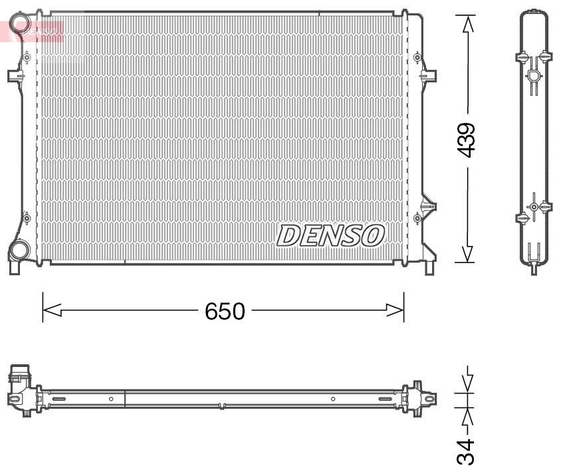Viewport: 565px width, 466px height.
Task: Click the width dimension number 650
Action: pyautogui.click(x=225, y=310)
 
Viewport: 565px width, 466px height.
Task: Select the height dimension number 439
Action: pyautogui.click(x=467, y=140)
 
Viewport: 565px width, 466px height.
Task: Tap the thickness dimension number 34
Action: pyautogui.click(x=468, y=451)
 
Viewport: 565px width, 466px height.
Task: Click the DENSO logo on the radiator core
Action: pyautogui.click(x=330, y=235)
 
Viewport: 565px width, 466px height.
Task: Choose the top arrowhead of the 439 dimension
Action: pyautogui.click(x=468, y=24)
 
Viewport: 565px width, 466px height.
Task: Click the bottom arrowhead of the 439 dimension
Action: pyautogui.click(x=468, y=253)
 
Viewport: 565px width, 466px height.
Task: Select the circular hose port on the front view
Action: pyautogui.click(x=19, y=251)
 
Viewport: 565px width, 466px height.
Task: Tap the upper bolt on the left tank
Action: pyautogui.click(x=27, y=58)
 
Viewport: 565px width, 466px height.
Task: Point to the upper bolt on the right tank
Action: pyautogui.click(x=417, y=58)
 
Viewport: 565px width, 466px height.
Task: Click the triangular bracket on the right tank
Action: pyautogui.click(x=427, y=205)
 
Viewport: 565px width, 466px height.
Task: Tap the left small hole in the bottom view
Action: pyautogui.click(x=111, y=399)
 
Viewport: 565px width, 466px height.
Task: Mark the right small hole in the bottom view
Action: pyautogui.click(x=333, y=399)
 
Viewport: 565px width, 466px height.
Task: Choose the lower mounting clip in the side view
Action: pyautogui.click(x=534, y=207)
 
